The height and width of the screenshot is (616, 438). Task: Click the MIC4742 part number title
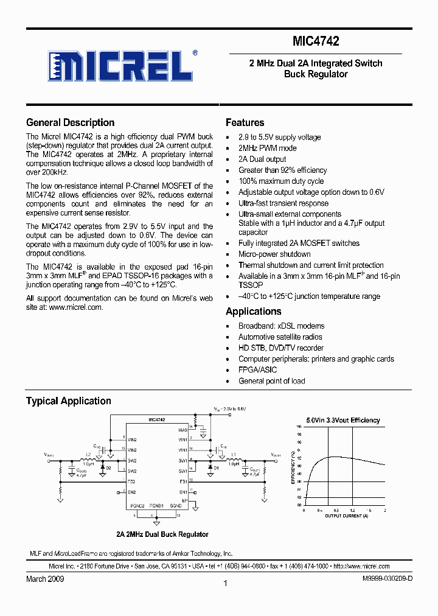pyautogui.click(x=315, y=41)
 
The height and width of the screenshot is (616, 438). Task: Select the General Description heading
pyautogui.click(x=70, y=122)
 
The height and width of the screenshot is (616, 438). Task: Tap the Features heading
pyautogui.click(x=245, y=122)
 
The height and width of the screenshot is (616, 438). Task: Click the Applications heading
pyautogui.click(x=254, y=311)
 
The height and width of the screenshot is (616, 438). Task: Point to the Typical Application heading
pyautogui.click(x=68, y=401)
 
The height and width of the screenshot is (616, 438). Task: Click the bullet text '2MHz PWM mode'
pyautogui.click(x=268, y=148)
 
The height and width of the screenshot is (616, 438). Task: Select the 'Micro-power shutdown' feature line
pyautogui.click(x=274, y=254)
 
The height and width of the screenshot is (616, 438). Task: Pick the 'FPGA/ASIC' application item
pyautogui.click(x=257, y=369)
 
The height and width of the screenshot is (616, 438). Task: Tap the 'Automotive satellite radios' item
pyautogui.click(x=280, y=337)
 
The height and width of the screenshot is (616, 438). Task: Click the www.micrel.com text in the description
pyautogui.click(x=75, y=307)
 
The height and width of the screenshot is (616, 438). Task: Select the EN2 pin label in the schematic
pyautogui.click(x=131, y=491)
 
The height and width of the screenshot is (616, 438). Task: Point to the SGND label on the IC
pyautogui.click(x=176, y=506)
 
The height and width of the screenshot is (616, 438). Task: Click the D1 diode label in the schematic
pyautogui.click(x=215, y=467)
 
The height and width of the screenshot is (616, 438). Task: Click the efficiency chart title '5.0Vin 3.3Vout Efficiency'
pyautogui.click(x=342, y=420)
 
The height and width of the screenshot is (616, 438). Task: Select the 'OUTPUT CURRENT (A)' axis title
pyautogui.click(x=346, y=516)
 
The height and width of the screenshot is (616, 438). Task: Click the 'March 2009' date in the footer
pyautogui.click(x=44, y=578)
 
